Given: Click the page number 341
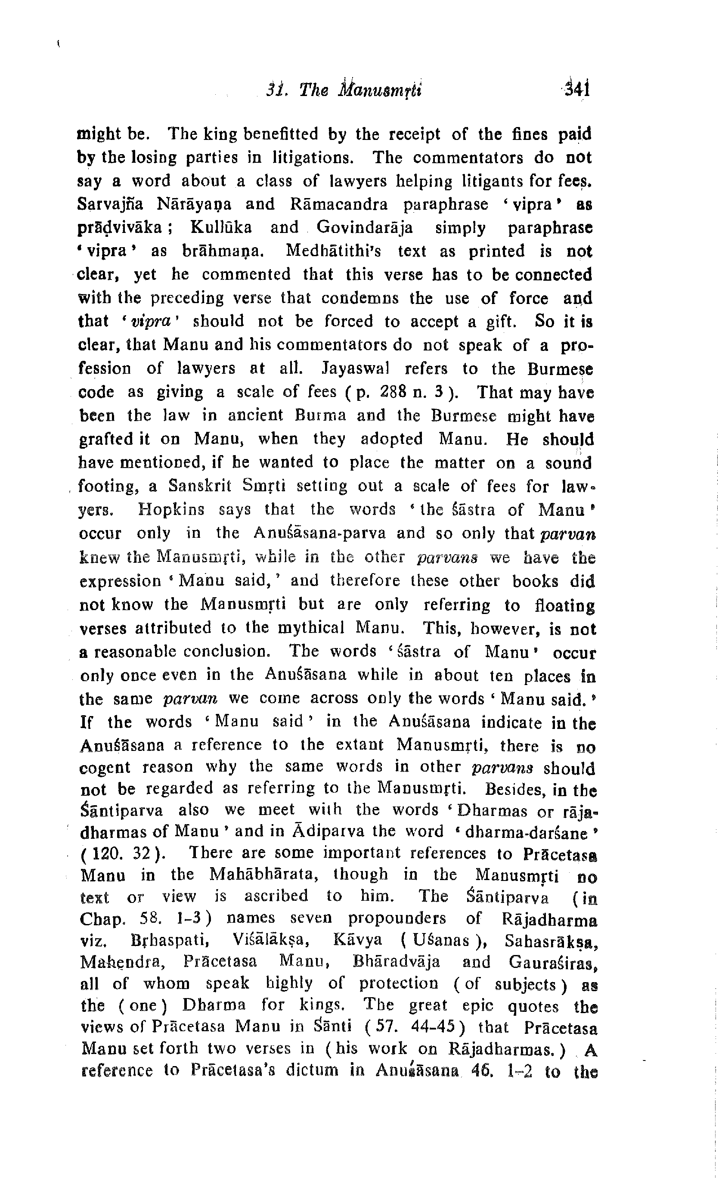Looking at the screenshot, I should click(x=577, y=90).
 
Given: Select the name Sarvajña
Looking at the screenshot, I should click(x=110, y=204).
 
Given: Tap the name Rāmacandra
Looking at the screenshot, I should click(x=339, y=204).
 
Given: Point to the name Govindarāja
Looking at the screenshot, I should click(x=364, y=228).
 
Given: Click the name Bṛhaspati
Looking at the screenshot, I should click(x=170, y=940).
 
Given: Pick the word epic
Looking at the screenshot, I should click(x=477, y=1005).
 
